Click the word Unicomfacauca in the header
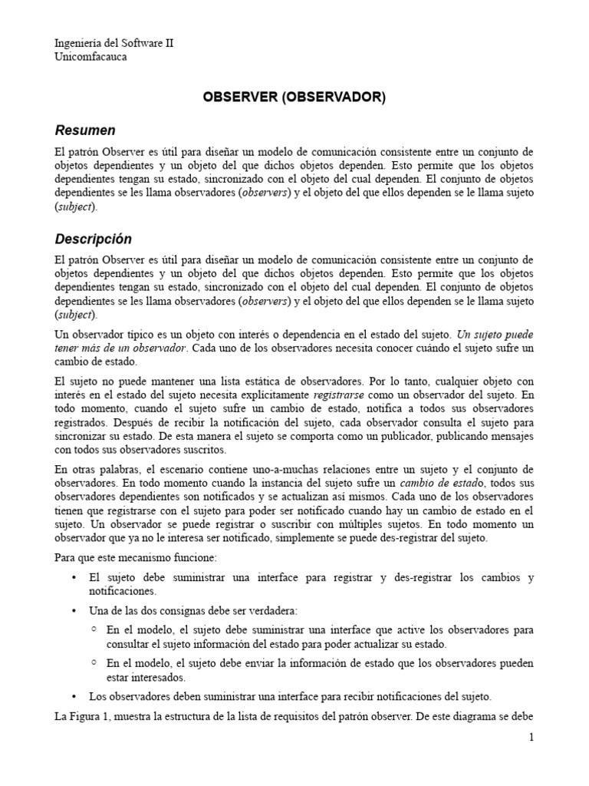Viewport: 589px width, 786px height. [x=91, y=56]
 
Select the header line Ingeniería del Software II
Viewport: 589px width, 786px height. [x=114, y=44]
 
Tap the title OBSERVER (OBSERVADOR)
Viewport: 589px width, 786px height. [x=294, y=97]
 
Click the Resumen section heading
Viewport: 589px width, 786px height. [x=85, y=130]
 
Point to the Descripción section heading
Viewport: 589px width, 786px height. [x=93, y=239]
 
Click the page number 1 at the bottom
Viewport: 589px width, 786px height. [x=530, y=738]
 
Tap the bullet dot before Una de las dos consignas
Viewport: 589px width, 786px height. [x=74, y=611]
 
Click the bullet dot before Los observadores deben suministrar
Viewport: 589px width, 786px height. [x=74, y=697]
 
